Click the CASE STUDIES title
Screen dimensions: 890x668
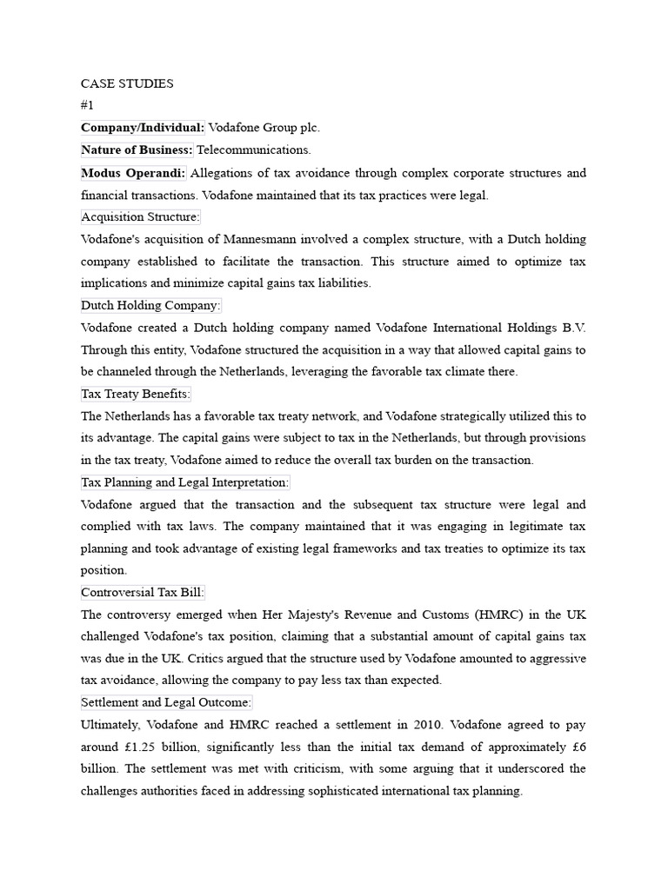pos(127,83)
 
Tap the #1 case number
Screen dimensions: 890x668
pos(87,105)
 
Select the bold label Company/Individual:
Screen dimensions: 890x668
pos(143,128)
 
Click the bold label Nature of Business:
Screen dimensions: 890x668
pos(137,150)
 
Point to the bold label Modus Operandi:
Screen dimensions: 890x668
pos(133,173)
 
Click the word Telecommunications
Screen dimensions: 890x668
pos(253,150)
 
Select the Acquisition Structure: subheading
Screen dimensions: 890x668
pos(140,216)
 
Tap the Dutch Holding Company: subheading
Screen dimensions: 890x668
pos(150,305)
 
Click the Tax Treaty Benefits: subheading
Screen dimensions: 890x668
pos(135,394)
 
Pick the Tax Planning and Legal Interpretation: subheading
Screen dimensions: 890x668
pos(184,482)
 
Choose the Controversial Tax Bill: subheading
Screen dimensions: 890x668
pos(143,593)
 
